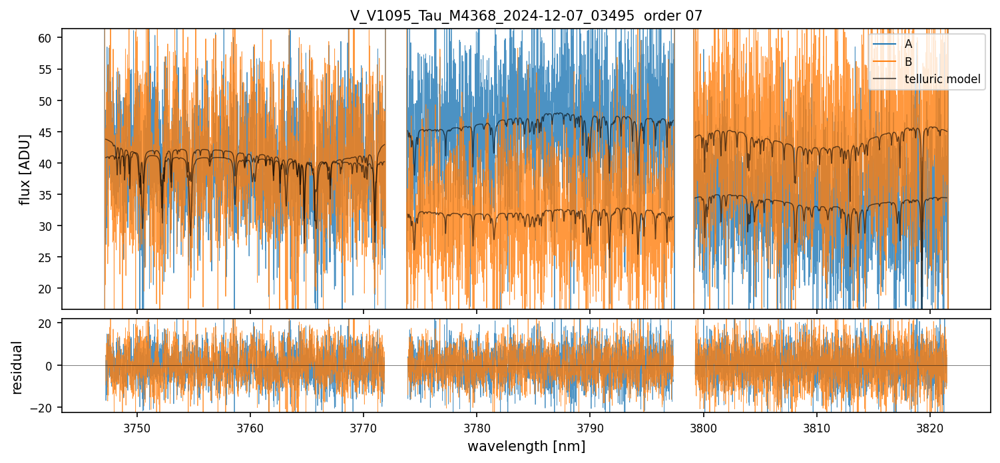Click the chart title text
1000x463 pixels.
(526, 16)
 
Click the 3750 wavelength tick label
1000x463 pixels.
(137, 426)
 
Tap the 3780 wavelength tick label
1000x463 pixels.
(477, 426)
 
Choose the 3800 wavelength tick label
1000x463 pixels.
(704, 426)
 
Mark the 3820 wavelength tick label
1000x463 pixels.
(930, 426)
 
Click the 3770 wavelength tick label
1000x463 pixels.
(364, 426)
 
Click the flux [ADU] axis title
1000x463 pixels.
(25, 169)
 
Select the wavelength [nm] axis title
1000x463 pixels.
(526, 446)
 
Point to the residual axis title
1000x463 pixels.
(17, 367)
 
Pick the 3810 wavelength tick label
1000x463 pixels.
(817, 426)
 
